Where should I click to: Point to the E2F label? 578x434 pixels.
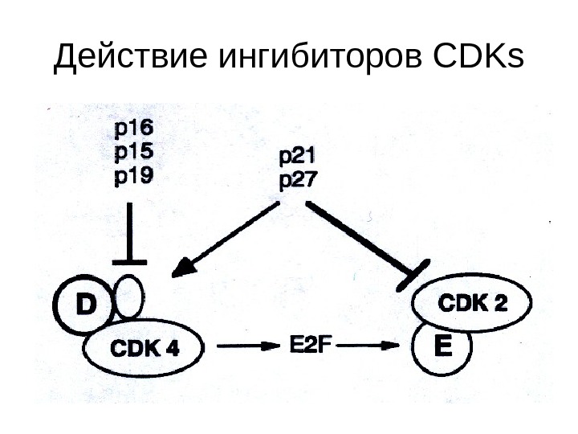click(309, 346)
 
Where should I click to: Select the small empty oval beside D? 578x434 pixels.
click(130, 297)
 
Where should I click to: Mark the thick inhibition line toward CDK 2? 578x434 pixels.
click(361, 238)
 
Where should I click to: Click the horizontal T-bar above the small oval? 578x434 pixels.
click(129, 261)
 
